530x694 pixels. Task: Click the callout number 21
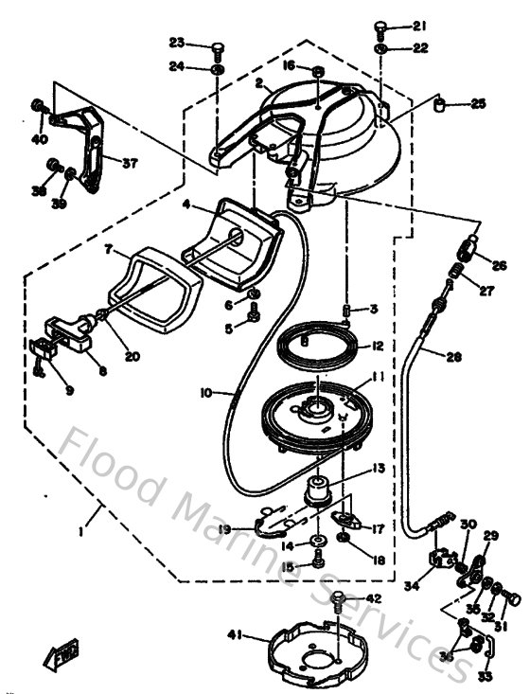(x=420, y=26)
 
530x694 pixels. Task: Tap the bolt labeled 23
(x=218, y=45)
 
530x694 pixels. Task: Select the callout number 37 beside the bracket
(x=130, y=162)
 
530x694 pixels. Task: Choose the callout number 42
(x=372, y=598)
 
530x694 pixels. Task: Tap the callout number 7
(x=109, y=249)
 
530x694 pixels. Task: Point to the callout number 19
(x=224, y=529)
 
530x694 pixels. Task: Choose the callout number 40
(x=39, y=139)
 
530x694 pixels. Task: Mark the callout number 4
(x=186, y=203)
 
